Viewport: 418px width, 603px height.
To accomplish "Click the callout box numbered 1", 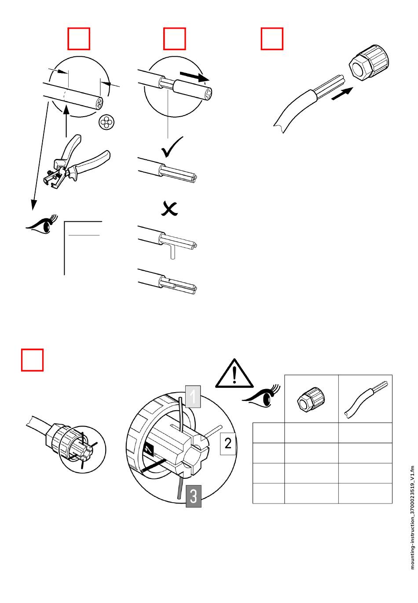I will tap(192, 396).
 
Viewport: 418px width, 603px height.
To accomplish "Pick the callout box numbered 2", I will tap(228, 443).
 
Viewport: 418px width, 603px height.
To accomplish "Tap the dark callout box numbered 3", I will tap(193, 496).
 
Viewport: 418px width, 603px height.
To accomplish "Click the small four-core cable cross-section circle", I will tap(106, 122).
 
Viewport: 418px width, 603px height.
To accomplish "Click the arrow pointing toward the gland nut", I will tap(342, 93).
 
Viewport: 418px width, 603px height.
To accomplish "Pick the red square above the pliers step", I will tap(79, 39).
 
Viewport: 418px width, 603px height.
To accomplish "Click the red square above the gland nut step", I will tap(272, 39).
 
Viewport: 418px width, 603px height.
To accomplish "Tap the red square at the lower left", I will tap(33, 360).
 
